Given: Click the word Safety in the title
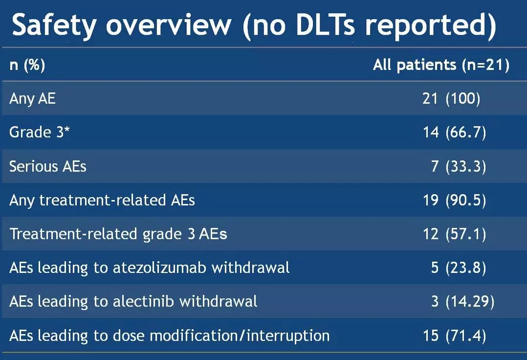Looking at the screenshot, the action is [54, 25].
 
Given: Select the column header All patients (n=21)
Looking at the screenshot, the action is [441, 65].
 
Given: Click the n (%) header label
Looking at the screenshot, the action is [27, 65].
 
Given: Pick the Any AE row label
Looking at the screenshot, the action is [33, 98].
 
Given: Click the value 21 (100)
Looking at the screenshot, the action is [451, 99].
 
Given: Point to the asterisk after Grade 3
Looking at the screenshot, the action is [67, 128].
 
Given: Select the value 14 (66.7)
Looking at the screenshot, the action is [455, 133].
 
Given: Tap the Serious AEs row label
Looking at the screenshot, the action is [48, 166].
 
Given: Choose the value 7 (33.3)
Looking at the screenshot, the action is [459, 166].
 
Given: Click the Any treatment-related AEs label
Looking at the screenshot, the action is [102, 201].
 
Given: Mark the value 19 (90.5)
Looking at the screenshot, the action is [455, 201].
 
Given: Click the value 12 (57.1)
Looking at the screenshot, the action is [455, 234].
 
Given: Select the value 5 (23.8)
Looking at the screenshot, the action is [459, 268].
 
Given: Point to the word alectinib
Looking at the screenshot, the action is [144, 301].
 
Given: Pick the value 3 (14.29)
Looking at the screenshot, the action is [463, 301].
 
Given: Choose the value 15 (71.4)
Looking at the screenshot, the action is [455, 336].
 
